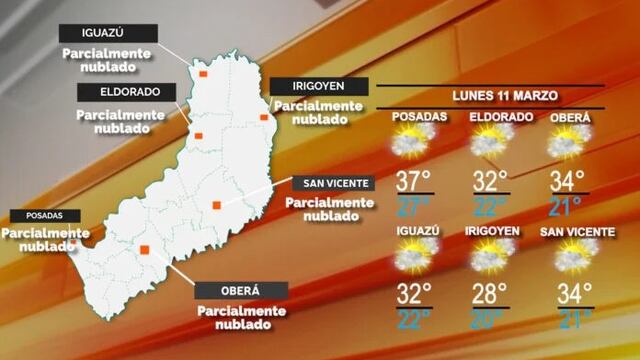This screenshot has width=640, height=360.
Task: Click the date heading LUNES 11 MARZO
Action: (x=491, y=96)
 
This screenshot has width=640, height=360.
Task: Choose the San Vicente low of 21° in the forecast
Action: (x=569, y=320)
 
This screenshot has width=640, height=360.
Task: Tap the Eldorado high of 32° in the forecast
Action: (x=491, y=181)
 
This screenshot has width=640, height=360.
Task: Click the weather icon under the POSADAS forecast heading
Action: (x=412, y=145)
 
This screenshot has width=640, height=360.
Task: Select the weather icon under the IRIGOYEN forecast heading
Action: (x=490, y=258)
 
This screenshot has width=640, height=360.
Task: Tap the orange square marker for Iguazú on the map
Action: (x=203, y=74)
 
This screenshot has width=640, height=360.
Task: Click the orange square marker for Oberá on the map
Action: (x=145, y=249)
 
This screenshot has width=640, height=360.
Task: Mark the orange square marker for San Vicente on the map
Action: (x=216, y=206)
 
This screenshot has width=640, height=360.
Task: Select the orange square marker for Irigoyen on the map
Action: (x=264, y=118)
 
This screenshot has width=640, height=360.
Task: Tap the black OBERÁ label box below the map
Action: (x=240, y=291)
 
